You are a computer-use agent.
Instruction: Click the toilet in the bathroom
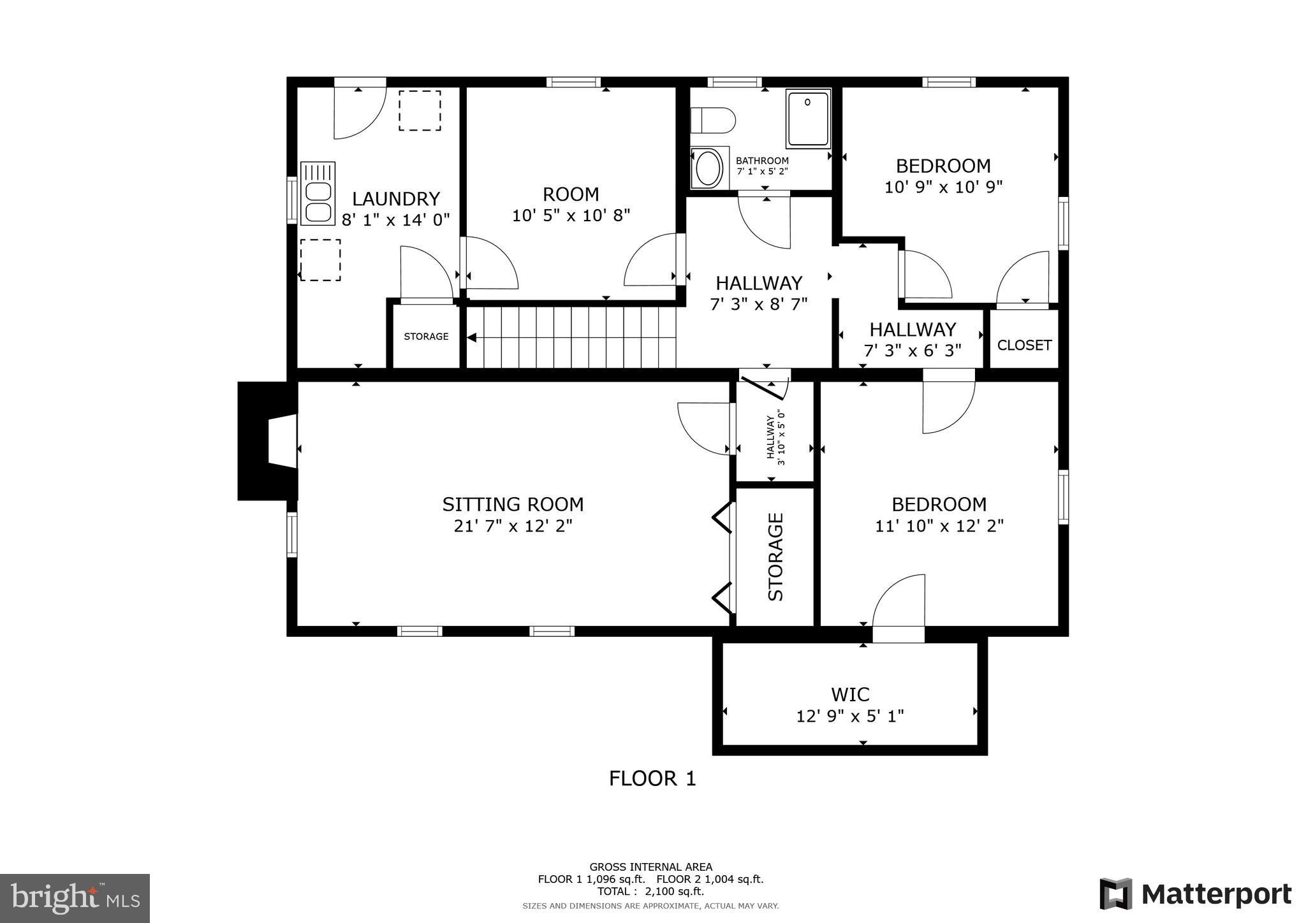(x=713, y=120)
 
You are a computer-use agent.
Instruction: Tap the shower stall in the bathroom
(x=808, y=119)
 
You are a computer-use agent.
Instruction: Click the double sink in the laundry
(x=318, y=194)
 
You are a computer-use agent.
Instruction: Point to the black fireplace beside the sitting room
(x=267, y=440)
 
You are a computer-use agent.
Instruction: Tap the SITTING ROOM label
(x=513, y=504)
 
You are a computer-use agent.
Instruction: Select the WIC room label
(x=849, y=694)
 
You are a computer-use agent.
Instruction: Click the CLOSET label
(x=1024, y=345)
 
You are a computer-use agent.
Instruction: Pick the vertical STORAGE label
(x=775, y=556)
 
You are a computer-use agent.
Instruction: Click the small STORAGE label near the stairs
(x=426, y=337)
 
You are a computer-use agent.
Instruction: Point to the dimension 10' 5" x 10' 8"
(x=571, y=215)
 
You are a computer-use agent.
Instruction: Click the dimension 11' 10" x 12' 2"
(x=939, y=526)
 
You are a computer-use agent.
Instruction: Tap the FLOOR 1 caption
(x=652, y=778)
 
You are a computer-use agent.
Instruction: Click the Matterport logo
(x=1195, y=894)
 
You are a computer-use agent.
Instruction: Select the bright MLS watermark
(x=75, y=898)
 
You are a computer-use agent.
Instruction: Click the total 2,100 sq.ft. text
(x=650, y=891)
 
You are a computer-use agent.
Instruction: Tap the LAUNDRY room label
(x=395, y=199)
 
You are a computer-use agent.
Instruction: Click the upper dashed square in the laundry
(x=420, y=111)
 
